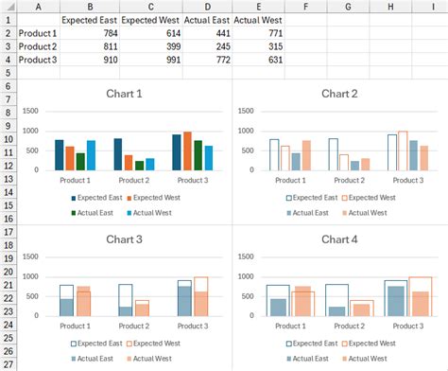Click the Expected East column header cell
[x=89, y=19]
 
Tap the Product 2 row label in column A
[x=38, y=46]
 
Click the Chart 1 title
[x=125, y=94]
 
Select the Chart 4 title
[x=340, y=238]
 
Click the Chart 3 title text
[x=125, y=238]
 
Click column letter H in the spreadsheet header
[x=390, y=6]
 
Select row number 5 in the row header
[x=9, y=73]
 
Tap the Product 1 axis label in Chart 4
[x=291, y=325]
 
